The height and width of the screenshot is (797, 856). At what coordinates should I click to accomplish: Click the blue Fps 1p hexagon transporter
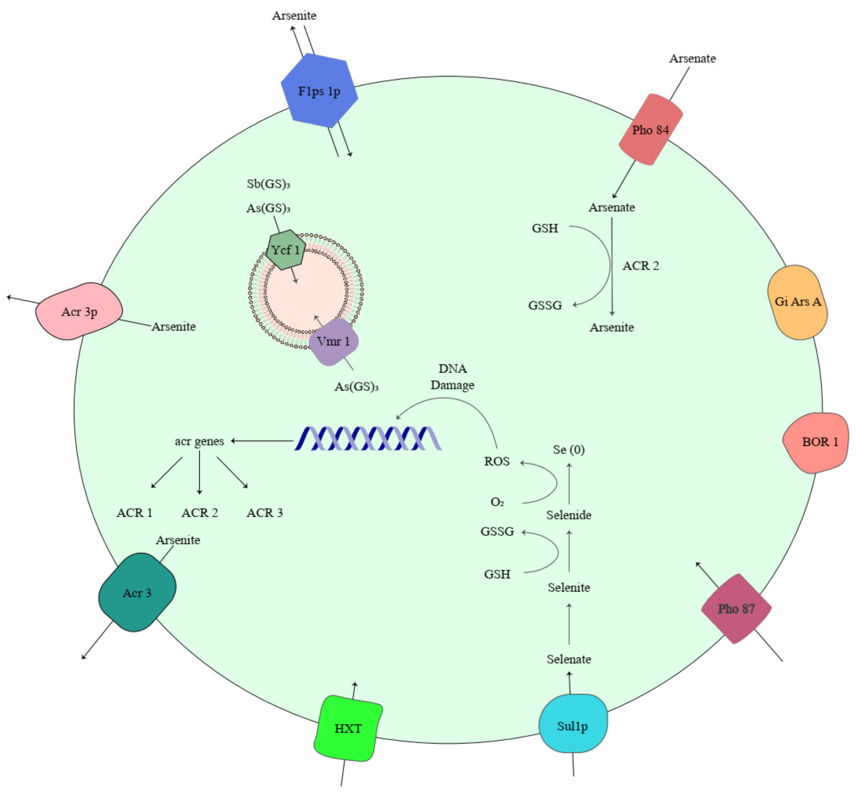(x=319, y=91)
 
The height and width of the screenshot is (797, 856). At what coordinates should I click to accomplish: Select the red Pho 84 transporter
(x=650, y=130)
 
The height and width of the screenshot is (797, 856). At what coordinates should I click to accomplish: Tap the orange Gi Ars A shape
(x=797, y=302)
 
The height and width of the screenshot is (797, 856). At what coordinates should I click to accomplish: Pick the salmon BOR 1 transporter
(x=816, y=442)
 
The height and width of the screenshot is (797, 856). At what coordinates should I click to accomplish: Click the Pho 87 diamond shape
(x=736, y=609)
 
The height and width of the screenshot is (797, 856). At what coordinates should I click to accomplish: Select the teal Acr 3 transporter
(x=137, y=593)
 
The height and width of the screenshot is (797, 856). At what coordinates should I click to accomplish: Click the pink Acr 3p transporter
(x=79, y=312)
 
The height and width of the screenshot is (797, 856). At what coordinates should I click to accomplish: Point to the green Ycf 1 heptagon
(x=285, y=250)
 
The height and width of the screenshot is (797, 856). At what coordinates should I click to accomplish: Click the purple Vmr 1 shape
(x=333, y=341)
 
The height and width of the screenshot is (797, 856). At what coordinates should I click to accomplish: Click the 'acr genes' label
(x=199, y=441)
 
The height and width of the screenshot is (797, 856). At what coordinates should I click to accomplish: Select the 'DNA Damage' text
(x=452, y=377)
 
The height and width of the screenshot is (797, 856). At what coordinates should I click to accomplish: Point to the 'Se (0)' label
(x=568, y=449)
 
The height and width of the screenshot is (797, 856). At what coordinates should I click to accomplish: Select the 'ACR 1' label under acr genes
(x=134, y=513)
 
